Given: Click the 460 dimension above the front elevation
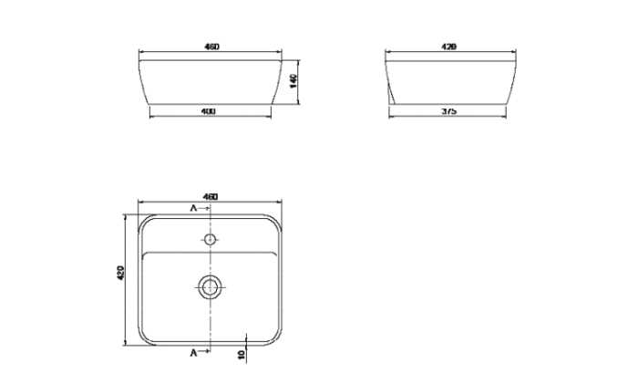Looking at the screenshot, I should (210, 46).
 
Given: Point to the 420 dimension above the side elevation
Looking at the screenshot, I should (448, 46).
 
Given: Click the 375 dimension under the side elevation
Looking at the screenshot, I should (448, 110).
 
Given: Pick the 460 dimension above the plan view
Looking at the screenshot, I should (210, 197).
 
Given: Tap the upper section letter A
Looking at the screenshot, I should (192, 209).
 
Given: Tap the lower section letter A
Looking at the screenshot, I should (192, 350).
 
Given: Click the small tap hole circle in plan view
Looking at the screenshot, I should (211, 241).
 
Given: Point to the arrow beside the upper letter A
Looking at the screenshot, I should (205, 209).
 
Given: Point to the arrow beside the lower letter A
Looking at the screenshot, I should (205, 350).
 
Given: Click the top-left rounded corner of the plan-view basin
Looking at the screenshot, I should (143, 221).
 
